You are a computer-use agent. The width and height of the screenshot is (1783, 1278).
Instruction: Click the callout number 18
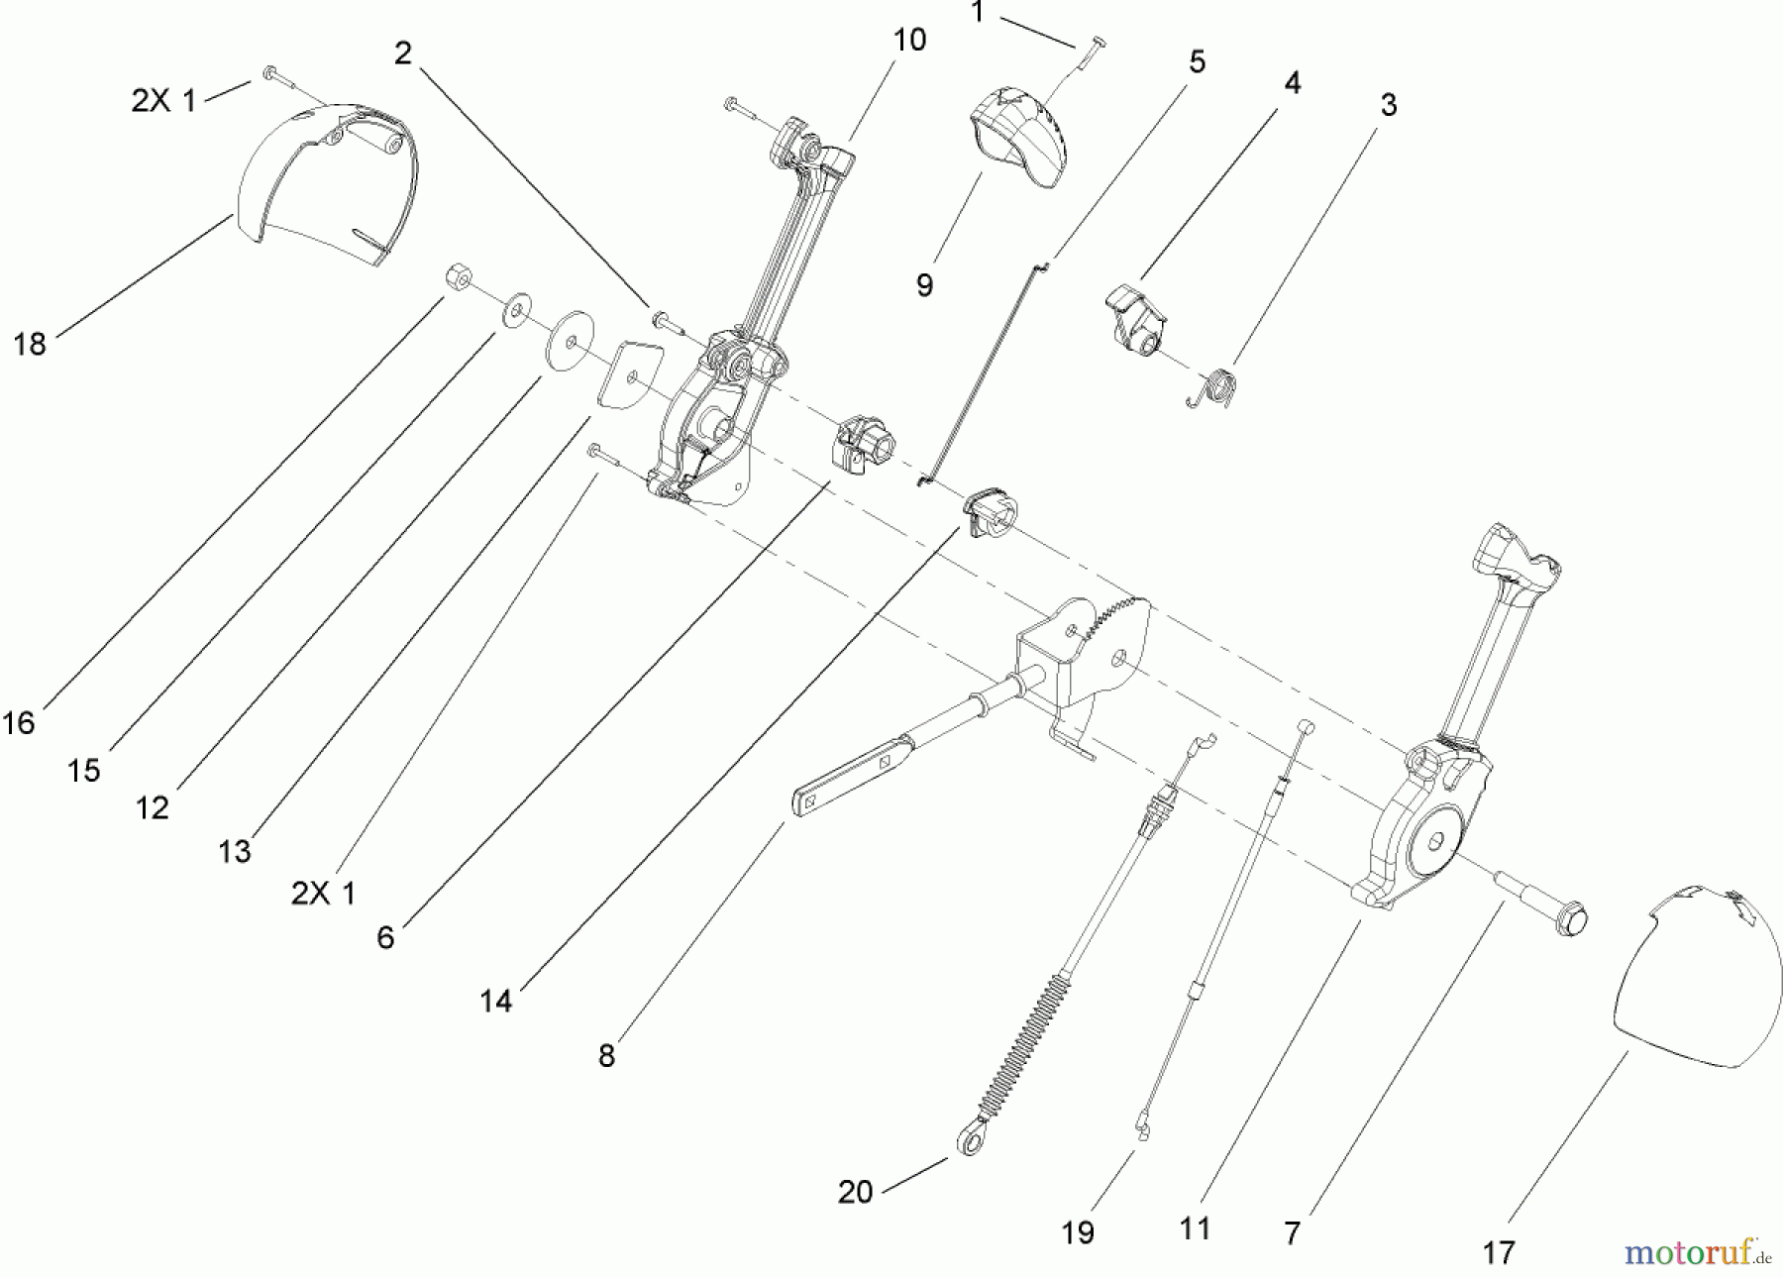point(30,344)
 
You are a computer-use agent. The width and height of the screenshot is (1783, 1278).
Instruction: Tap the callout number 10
point(909,41)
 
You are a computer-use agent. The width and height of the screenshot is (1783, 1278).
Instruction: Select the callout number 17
point(1499,1253)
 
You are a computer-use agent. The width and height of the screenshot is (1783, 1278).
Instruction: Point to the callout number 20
point(855,1192)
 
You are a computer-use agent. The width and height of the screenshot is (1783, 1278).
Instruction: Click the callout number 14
point(496,1002)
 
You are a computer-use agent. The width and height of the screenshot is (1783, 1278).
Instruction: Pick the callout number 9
point(924,285)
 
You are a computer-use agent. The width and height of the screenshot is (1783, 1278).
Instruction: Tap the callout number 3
point(1389,104)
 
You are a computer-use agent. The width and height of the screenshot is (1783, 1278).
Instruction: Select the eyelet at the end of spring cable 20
point(970,1142)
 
